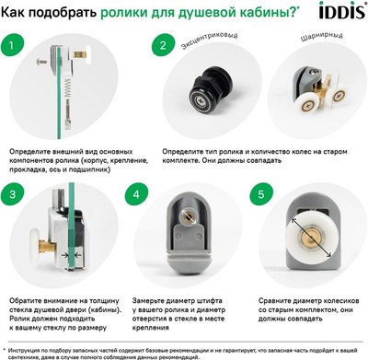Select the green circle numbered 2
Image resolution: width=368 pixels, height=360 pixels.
pos(162,44)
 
